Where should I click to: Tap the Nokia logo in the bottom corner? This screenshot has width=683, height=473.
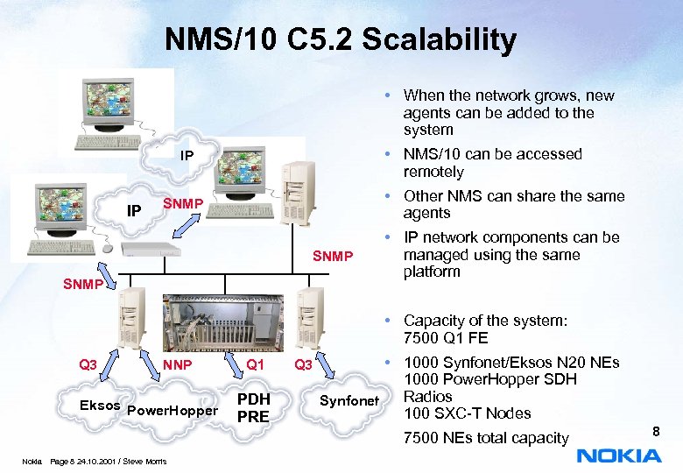(x=619, y=455)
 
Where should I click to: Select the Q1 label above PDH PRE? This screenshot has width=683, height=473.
(x=255, y=364)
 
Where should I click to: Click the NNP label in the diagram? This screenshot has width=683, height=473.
(x=178, y=364)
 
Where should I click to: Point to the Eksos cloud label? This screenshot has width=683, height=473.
(x=100, y=406)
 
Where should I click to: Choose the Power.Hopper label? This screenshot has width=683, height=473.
(x=173, y=410)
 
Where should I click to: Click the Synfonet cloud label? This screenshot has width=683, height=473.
(x=349, y=400)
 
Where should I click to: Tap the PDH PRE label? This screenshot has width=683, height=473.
(x=253, y=408)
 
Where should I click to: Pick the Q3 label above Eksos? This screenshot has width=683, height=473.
(x=88, y=364)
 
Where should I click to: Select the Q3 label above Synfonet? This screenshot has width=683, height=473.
(x=303, y=364)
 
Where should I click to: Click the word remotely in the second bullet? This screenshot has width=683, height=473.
(x=433, y=172)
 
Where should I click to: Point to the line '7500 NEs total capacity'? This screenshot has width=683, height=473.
(x=486, y=437)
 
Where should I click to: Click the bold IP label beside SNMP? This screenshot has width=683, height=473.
(x=135, y=211)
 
